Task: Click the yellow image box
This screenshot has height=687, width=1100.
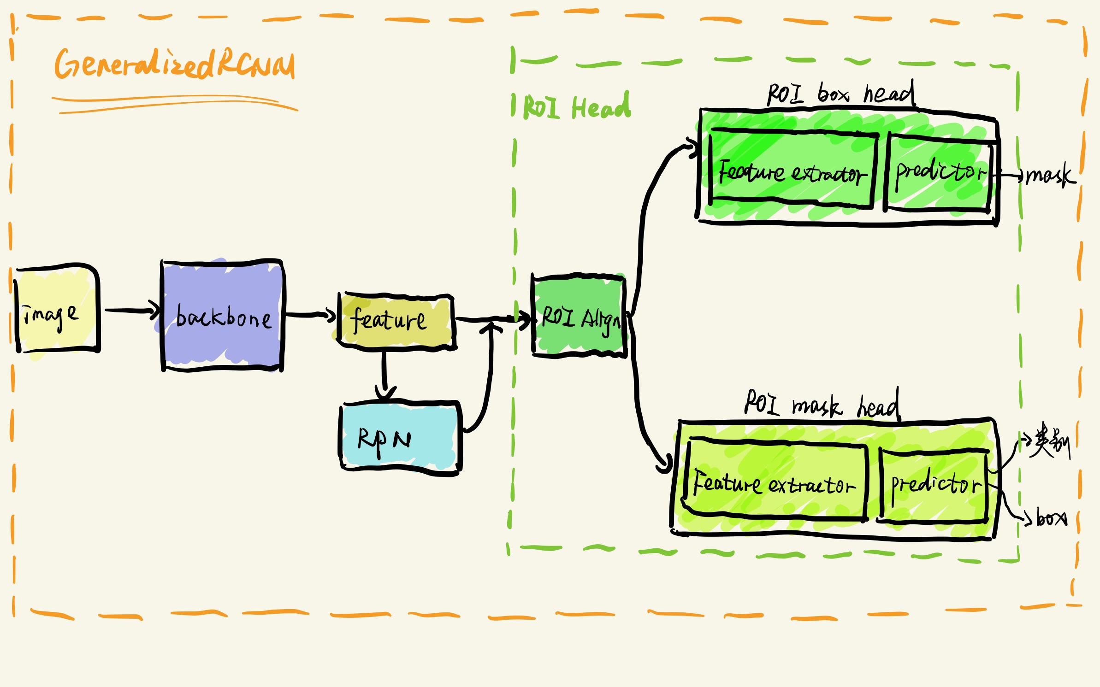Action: (57, 311)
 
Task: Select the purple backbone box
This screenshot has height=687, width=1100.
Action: (222, 316)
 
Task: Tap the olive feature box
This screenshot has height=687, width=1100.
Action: (395, 321)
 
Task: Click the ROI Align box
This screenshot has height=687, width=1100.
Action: (579, 317)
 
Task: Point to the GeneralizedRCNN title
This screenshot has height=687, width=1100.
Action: (174, 65)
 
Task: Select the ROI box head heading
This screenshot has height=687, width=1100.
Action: (840, 94)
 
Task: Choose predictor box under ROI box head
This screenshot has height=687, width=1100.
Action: (939, 173)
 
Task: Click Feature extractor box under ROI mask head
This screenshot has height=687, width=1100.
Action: (775, 482)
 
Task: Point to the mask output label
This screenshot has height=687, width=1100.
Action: (1049, 175)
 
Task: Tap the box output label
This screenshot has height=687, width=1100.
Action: (1051, 518)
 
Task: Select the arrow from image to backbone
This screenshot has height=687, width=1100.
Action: (131, 311)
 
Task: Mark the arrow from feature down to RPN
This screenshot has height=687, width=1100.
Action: (384, 373)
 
